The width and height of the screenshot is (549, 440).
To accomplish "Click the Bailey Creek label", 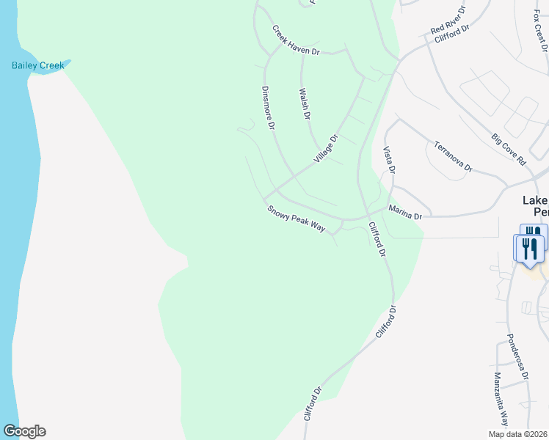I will pos(37,65).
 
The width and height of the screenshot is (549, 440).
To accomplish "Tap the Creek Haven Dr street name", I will pos(296,42).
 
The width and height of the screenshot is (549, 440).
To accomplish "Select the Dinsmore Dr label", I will pos(267,109).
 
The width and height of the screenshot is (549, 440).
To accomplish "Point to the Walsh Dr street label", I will pos(305,104).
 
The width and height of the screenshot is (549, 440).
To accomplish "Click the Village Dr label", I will pos(326,149).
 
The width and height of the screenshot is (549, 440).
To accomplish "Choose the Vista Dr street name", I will pos(390,160).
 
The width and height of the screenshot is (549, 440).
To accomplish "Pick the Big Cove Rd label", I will pos(509,149).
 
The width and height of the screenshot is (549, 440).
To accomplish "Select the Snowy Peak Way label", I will pos(296,219).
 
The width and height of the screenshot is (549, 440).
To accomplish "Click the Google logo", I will pos(24,431).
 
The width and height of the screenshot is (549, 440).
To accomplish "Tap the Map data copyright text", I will pos(517,434).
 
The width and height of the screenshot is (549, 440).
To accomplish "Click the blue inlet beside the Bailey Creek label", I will pos(65,63).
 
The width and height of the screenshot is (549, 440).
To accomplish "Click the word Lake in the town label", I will pos(534,200).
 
